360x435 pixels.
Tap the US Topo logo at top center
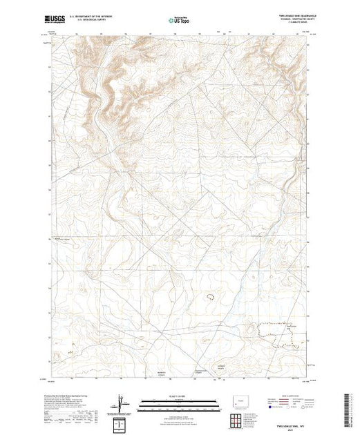pos(180,21)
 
